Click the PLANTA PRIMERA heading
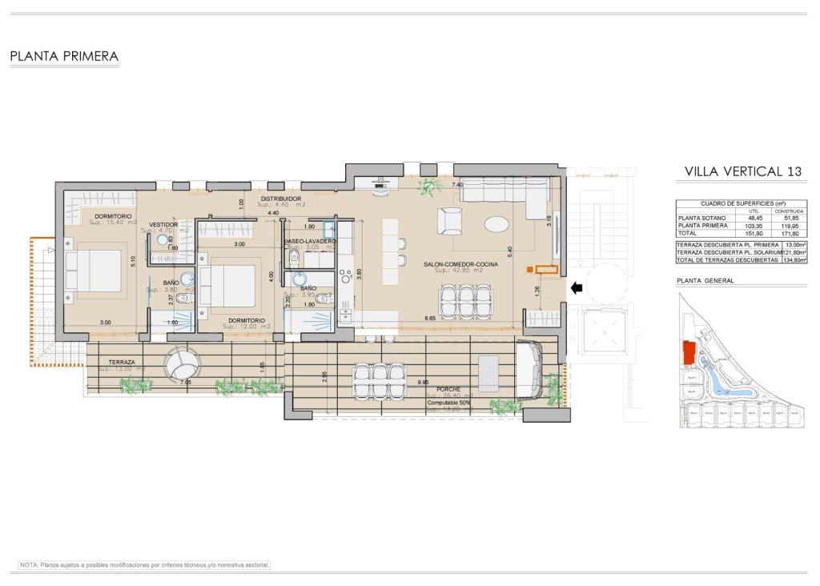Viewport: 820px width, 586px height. tap(64, 57)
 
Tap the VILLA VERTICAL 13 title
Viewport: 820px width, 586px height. tap(743, 171)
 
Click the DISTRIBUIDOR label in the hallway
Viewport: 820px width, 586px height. tap(280, 198)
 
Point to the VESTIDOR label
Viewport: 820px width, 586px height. tap(163, 225)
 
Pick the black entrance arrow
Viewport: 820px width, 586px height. tap(575, 286)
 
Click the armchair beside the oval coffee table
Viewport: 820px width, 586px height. tap(449, 220)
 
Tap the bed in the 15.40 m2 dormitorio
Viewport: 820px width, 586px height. tap(93, 270)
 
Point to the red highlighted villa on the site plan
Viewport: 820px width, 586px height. tap(687, 351)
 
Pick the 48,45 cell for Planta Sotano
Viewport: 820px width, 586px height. tap(753, 217)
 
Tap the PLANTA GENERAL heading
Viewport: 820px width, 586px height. tap(705, 281)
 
